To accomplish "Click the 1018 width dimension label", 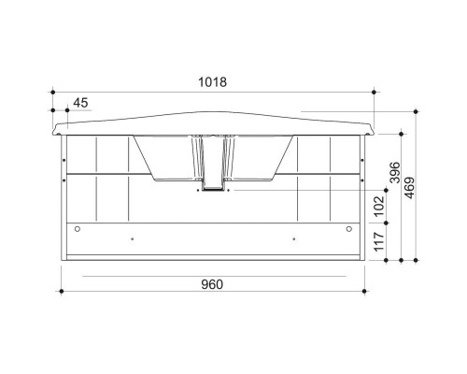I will (x=213, y=81).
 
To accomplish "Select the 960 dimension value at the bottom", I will (x=212, y=284).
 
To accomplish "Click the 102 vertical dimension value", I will (x=378, y=207).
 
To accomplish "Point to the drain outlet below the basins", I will (x=213, y=190).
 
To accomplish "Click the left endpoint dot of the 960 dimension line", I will (x=62, y=293).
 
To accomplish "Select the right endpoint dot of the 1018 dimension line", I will (x=374, y=92).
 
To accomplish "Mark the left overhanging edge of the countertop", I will (x=54, y=128).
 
